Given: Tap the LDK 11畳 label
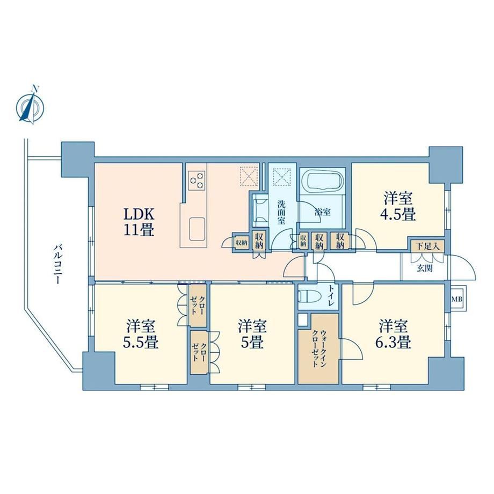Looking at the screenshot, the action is pyautogui.click(x=139, y=222).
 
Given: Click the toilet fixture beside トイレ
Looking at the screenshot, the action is pyautogui.click(x=309, y=297).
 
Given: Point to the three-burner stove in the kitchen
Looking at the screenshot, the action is pyautogui.click(x=197, y=180).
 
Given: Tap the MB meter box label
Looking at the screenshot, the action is pyautogui.click(x=457, y=299).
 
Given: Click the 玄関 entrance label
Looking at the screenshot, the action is pyautogui.click(x=425, y=268).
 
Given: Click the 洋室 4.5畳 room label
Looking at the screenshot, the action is pyautogui.click(x=398, y=207).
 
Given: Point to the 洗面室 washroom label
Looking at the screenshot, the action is pyautogui.click(x=281, y=212).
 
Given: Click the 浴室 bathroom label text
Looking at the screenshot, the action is pyautogui.click(x=322, y=212).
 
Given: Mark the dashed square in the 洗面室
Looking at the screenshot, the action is pyautogui.click(x=282, y=177).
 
